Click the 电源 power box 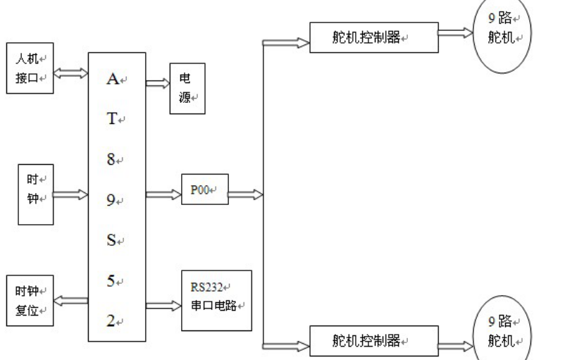(186, 90)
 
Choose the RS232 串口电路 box (216, 299)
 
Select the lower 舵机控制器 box (374, 342)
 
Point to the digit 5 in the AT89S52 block (111, 280)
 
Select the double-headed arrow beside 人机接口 (70, 72)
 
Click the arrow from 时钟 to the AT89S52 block (70, 194)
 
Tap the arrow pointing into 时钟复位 (70, 301)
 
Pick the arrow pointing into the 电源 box (157, 82)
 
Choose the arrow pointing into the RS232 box (164, 306)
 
